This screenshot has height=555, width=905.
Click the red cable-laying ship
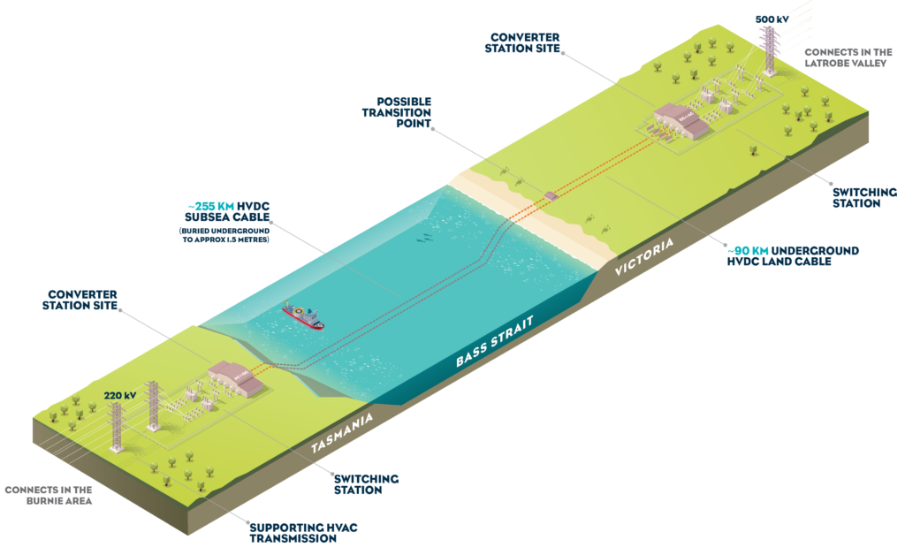303,316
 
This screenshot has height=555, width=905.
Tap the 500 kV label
772,19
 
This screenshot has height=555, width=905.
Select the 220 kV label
120,396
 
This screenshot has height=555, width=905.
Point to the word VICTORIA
644,257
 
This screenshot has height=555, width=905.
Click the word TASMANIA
342,433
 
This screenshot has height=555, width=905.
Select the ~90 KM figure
748,251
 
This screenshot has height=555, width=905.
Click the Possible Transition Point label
397,112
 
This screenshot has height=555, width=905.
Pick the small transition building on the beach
551,195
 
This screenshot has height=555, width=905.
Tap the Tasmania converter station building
235,378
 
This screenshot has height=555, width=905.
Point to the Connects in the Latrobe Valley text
848,57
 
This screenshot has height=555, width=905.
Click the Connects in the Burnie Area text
49,496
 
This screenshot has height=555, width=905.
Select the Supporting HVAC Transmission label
304,533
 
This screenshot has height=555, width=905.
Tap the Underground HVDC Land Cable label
793,256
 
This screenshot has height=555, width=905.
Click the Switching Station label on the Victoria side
864,198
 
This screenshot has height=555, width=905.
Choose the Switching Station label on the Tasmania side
366,484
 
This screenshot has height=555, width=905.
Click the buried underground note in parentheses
224,235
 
